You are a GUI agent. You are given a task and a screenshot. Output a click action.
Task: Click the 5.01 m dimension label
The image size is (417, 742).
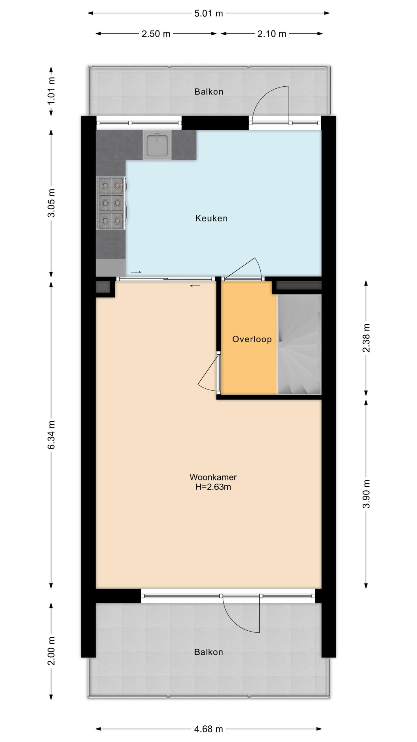pyautogui.click(x=209, y=13)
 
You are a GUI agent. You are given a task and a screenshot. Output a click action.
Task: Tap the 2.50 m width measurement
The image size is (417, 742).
pyautogui.click(x=156, y=34)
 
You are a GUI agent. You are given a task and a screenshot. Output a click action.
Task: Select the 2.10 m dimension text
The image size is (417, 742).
pyautogui.click(x=272, y=34)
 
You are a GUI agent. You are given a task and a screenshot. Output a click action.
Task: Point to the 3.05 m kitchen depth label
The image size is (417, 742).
pyautogui.click(x=52, y=203)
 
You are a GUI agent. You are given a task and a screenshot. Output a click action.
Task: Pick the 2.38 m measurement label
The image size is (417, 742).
pyautogui.click(x=366, y=338)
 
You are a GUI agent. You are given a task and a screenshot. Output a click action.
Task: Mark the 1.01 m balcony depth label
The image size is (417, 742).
pyautogui.click(x=52, y=91)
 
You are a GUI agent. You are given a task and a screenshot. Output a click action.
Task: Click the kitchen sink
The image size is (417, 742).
pyautogui.click(x=157, y=145)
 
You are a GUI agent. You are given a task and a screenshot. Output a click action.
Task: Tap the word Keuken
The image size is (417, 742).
pyautogui.click(x=211, y=218)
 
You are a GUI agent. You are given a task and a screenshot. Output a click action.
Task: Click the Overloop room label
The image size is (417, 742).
pyautogui.click(x=252, y=339)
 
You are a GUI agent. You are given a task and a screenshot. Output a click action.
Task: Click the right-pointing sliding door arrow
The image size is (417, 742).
pyautogui.click(x=136, y=272)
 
